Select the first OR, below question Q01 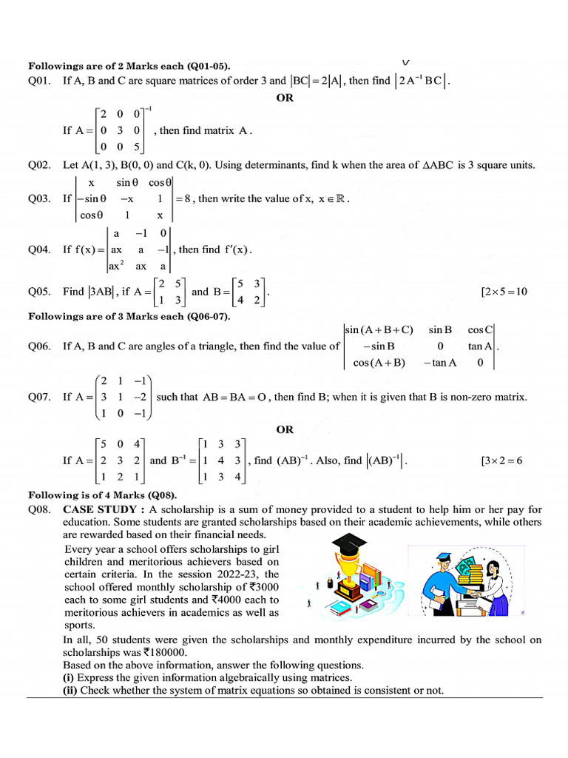285,98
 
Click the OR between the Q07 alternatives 285,429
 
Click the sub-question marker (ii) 70,690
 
